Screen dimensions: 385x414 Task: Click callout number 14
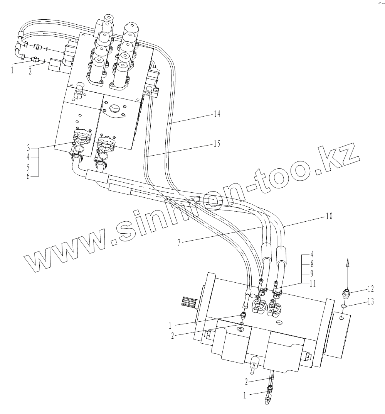coord(217,114)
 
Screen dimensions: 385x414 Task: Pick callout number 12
coord(370,288)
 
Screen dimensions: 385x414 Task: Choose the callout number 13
coord(370,302)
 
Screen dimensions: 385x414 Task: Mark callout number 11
coord(313,283)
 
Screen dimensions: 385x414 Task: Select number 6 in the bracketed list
coord(29,176)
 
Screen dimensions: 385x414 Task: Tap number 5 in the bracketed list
coord(29,167)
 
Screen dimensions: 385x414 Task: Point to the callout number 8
coord(312,265)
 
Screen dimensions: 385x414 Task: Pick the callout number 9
coord(312,274)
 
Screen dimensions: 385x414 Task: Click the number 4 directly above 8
coord(312,255)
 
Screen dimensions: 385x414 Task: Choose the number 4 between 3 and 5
coord(29,157)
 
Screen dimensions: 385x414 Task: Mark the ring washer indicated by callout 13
coord(344,307)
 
